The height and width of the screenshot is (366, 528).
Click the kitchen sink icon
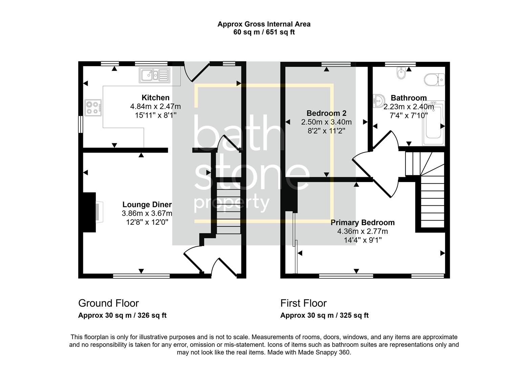point(154,75)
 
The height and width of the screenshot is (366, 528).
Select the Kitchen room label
point(155,98)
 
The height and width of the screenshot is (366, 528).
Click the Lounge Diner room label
point(147,205)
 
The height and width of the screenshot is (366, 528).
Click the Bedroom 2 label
point(326,113)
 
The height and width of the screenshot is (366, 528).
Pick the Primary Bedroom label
point(362,223)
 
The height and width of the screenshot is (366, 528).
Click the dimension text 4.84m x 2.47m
point(155,107)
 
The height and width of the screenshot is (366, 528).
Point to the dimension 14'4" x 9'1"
point(362,240)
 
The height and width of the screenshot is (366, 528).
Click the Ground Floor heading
point(108,303)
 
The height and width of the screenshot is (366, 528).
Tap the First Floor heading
point(303,303)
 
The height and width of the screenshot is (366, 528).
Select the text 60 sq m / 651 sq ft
point(264,33)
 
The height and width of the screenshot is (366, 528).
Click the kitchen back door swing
point(196,72)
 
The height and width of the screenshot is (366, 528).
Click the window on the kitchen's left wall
point(81,125)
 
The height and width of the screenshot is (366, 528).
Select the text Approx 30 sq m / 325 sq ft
point(324,316)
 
